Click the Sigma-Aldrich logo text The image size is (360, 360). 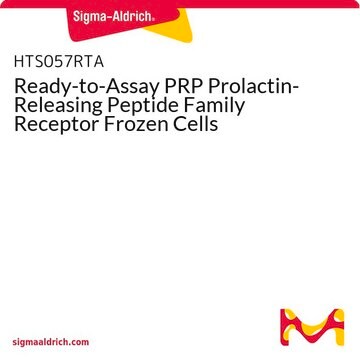[x=113, y=16]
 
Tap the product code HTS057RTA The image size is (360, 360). [x=59, y=62]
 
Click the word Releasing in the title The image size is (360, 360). [x=64, y=107]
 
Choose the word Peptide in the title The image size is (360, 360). [x=152, y=107]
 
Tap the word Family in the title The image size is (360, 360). [x=218, y=107]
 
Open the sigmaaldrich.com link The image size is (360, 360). [x=51, y=342]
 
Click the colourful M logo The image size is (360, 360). [x=312, y=327]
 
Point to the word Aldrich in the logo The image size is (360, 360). [x=132, y=15]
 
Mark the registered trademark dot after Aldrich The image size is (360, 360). [x=153, y=20]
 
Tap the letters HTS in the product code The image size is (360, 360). [x=29, y=62]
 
